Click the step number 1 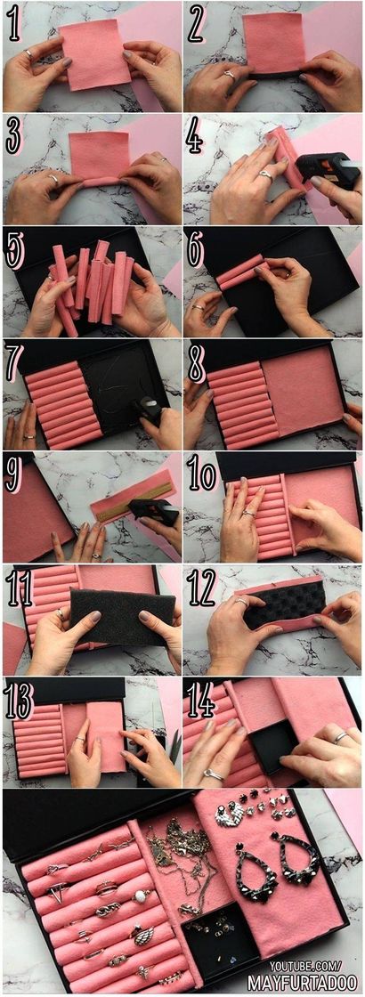pos(14,23)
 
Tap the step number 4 pos(195,137)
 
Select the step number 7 pos(15,361)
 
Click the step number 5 pos(15,250)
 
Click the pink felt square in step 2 pos(273,45)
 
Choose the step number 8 pos(196,361)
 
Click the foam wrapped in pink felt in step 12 pos(280,604)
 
